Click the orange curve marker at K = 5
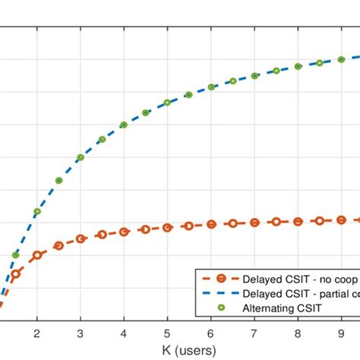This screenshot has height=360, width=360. (x=167, y=227)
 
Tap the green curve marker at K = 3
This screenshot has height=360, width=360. (x=80, y=158)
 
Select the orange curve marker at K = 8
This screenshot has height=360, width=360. (x=298, y=221)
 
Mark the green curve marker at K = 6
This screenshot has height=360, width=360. (x=211, y=87)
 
